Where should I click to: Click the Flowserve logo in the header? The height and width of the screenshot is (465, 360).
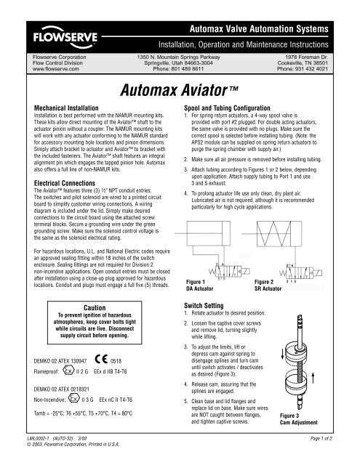coord(62,33)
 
